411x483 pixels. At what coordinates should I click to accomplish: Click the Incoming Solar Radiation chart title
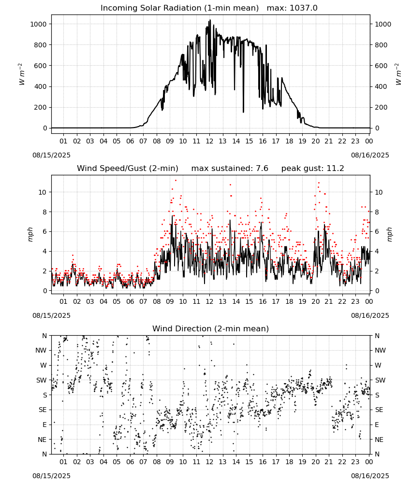pos(179,8)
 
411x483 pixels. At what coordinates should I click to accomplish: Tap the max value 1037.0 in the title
pos(304,8)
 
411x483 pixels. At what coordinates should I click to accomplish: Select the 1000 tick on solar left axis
pos(39,24)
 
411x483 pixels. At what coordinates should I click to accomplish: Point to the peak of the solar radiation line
pos(210,20)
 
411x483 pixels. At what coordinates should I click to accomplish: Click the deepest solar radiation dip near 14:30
pos(243,112)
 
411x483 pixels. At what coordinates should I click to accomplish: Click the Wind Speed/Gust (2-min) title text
pos(127,168)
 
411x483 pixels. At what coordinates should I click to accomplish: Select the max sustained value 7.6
pos(262,168)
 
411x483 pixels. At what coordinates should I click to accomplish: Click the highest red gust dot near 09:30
pos(176,180)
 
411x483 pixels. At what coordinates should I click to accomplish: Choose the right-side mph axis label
pos(390,234)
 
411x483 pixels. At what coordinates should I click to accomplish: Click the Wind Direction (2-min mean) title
pos(211,328)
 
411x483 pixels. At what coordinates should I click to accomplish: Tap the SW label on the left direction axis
pos(42,380)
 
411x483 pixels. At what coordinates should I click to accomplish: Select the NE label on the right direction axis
pos(379,440)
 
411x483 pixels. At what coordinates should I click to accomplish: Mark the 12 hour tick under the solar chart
pos(210,141)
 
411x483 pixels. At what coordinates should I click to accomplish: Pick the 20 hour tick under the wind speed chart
pos(316,301)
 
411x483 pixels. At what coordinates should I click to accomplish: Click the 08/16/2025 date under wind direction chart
pos(370,476)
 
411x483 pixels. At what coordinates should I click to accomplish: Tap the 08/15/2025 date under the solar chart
pos(51,155)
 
